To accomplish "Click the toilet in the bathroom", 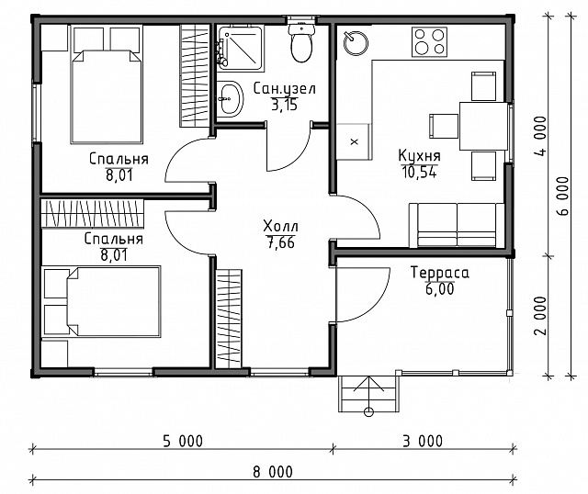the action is pos(301,42).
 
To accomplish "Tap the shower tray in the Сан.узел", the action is pos(240,48).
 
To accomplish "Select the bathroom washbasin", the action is pos(230,99).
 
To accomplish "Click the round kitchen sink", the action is pos(356,43).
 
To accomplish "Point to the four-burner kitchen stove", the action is pos(429,42).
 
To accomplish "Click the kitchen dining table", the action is pos(483,125).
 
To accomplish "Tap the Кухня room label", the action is pos(419,155).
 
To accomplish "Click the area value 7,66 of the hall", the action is pos(280,243).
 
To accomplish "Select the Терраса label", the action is pos(439,273).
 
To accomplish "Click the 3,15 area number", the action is pos(284,106).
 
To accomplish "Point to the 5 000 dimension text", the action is pos(183,441).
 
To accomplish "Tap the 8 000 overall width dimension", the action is pos(273,472).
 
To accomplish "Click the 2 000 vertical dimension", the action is pos(540,316).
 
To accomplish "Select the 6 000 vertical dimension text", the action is pos(563,196).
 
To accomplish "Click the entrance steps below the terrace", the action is pos(367,394).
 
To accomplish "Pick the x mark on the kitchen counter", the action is pos(354,142).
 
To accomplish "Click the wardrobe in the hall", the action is pos(229,319).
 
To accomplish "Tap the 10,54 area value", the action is pos(419,172).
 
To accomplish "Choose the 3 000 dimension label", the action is pos(423,441).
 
